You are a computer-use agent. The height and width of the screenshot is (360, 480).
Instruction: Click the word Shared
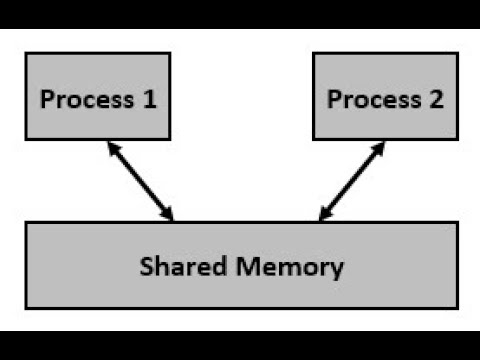point(173,267)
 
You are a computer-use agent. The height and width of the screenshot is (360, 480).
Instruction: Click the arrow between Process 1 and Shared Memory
point(139,181)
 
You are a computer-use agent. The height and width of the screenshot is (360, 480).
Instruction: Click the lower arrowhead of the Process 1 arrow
point(169,215)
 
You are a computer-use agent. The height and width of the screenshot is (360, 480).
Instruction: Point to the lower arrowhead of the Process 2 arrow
point(323,215)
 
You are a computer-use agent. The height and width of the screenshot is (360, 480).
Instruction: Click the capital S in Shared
point(146,267)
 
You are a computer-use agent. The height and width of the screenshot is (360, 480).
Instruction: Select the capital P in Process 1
point(46,100)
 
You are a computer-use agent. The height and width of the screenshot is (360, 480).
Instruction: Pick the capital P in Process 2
point(334,100)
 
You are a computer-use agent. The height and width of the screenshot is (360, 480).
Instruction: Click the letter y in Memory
point(337,270)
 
